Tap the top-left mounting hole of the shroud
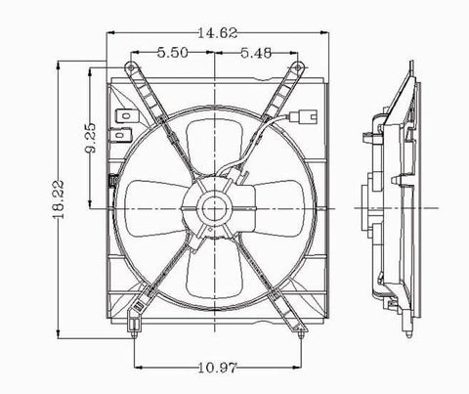pos(130,66)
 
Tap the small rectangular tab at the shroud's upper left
pos(124,120)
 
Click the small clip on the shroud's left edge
pos(114,182)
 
